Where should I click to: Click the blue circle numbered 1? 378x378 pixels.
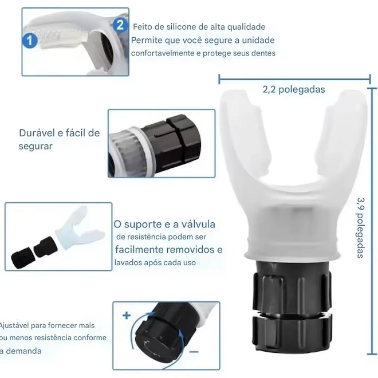pyautogui.click(x=30, y=40)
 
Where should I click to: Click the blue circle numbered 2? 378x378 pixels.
pyautogui.click(x=120, y=25)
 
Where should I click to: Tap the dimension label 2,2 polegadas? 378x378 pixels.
pyautogui.click(x=294, y=90)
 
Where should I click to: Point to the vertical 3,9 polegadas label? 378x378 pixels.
pyautogui.click(x=361, y=228)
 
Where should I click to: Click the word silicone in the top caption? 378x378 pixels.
pyautogui.click(x=182, y=27)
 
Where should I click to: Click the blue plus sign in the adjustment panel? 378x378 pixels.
pyautogui.click(x=127, y=316)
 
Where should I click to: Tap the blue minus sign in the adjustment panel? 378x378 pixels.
pyautogui.click(x=194, y=352)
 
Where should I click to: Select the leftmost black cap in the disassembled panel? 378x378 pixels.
pyautogui.click(x=22, y=258)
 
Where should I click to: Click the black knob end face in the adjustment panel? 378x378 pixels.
pyautogui.click(x=153, y=342)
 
